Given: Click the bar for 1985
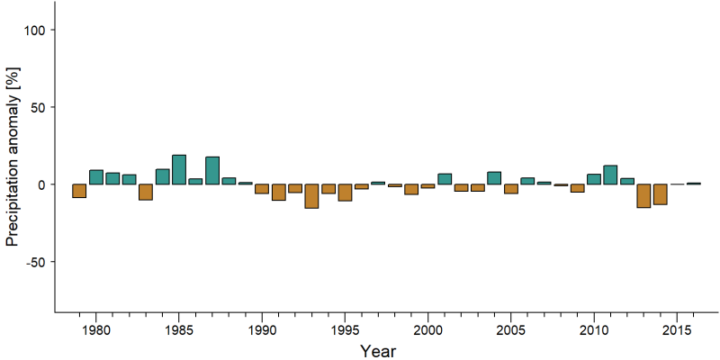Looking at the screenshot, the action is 179,170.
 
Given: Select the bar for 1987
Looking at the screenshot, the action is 212,171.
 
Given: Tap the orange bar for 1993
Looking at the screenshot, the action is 311,196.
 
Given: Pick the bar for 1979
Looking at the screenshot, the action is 79,191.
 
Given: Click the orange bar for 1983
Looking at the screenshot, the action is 146,192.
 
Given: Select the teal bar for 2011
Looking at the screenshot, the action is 610,175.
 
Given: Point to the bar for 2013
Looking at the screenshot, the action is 643,195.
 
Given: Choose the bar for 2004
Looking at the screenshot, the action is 494,178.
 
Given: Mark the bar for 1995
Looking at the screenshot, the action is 345,193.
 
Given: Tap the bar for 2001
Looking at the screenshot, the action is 445,179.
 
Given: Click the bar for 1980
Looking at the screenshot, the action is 96,177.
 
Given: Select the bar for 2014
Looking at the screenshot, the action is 661,194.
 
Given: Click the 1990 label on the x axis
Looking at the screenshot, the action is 262,330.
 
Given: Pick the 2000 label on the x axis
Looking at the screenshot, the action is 428,330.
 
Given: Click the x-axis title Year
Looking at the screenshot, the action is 377,351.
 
